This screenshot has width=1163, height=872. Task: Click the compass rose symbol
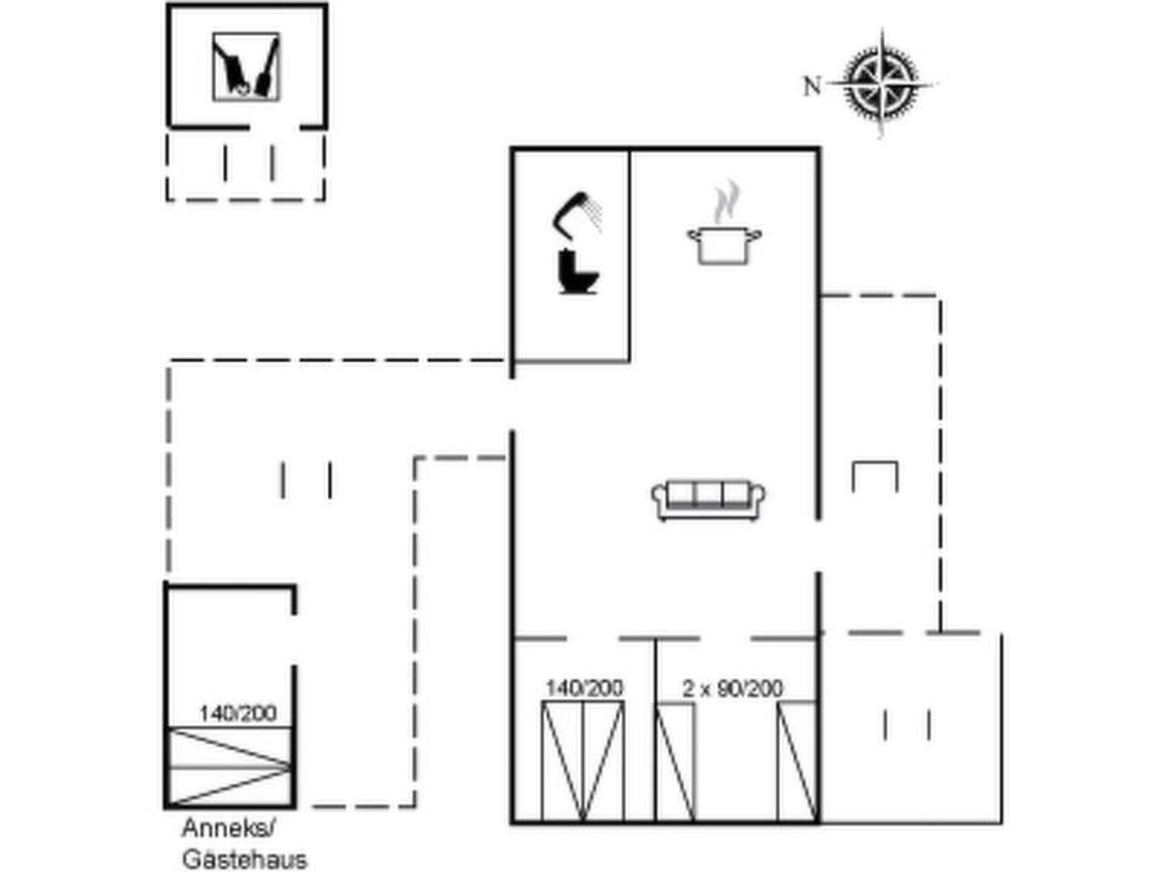pyautogui.click(x=881, y=84)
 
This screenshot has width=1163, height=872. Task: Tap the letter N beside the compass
pyautogui.click(x=812, y=86)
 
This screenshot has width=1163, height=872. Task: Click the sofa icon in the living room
pyautogui.click(x=708, y=500)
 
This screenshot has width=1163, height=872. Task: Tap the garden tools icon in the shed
pyautogui.click(x=246, y=67)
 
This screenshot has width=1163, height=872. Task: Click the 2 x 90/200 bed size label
pyautogui.click(x=732, y=689)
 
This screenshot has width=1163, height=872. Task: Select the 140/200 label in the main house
pyautogui.click(x=584, y=688)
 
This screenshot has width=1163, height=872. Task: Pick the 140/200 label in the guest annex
pyautogui.click(x=238, y=713)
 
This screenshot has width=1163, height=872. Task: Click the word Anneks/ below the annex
pyautogui.click(x=229, y=828)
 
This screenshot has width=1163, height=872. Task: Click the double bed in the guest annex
pyautogui.click(x=230, y=767)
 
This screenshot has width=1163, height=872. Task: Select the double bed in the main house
pyautogui.click(x=583, y=761)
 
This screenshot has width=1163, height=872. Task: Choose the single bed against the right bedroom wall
pyautogui.click(x=797, y=761)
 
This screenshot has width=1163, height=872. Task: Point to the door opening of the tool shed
pyautogui.click(x=275, y=127)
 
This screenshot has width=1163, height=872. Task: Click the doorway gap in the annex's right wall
pyautogui.click(x=294, y=640)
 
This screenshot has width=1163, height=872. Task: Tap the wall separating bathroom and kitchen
pyautogui.click(x=629, y=257)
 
